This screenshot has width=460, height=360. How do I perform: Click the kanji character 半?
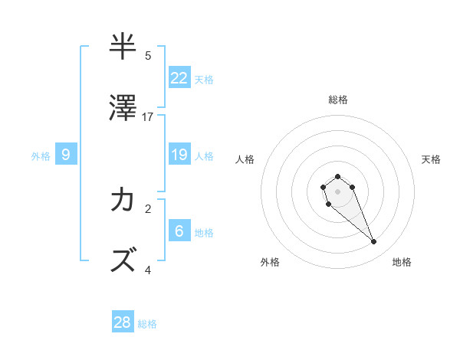(123, 47)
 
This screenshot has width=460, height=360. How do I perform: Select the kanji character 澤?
(123, 110)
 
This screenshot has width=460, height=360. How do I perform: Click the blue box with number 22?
(179, 77)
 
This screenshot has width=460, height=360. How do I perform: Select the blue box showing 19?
(179, 155)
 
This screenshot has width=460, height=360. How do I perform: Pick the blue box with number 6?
(179, 231)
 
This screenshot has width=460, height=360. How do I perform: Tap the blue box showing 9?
(66, 155)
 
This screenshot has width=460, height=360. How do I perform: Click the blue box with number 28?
(123, 322)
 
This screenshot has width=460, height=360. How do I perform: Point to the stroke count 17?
(148, 117)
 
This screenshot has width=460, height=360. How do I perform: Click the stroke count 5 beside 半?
(148, 55)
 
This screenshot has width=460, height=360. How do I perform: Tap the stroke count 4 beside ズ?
(148, 270)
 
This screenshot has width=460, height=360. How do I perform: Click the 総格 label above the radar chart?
(338, 100)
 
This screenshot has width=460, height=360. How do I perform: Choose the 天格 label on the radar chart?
(431, 159)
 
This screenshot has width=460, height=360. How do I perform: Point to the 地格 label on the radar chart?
(402, 262)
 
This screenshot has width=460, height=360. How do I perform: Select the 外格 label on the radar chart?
(270, 262)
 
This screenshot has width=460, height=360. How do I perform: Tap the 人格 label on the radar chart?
(245, 159)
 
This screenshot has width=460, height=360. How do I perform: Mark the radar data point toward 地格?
(374, 242)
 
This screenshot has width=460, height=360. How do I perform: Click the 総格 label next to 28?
(147, 324)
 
